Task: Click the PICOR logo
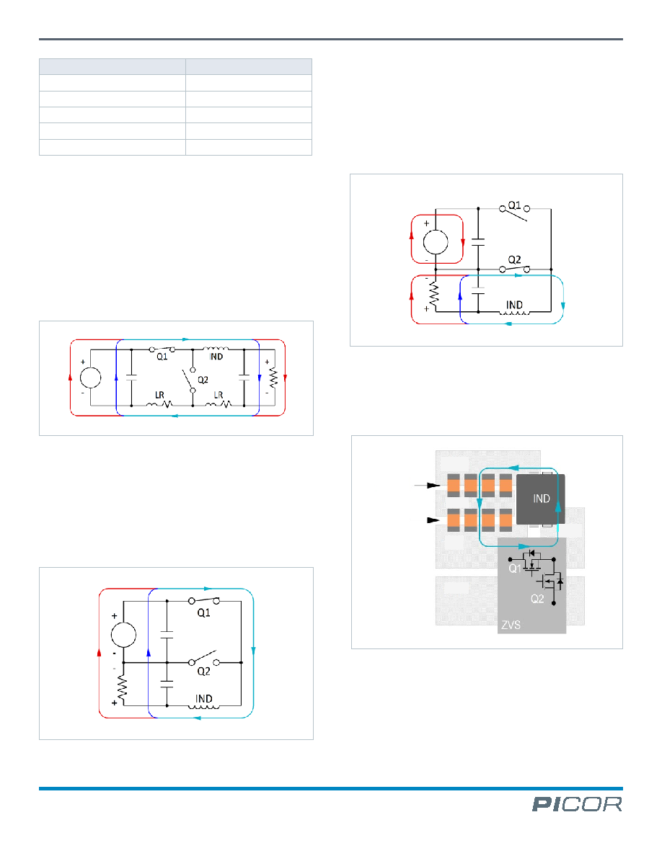pos(577,804)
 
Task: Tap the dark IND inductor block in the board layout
pos(540,499)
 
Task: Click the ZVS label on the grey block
pos(511,625)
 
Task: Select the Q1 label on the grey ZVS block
pos(514,569)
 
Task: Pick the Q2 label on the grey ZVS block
pos(537,599)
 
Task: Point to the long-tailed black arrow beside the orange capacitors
pos(428,486)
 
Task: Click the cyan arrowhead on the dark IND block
pos(557,506)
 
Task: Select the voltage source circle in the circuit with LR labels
pos(91,378)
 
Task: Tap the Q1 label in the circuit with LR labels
pos(162,357)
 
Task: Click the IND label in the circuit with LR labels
pos(216,357)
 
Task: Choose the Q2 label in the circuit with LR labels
pos(203,380)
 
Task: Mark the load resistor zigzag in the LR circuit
pos(273,378)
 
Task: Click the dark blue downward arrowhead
pos(260,378)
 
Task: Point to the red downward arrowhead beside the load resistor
pos(285,378)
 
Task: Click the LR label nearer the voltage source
pos(159,395)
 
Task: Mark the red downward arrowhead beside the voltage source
pos(463,242)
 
